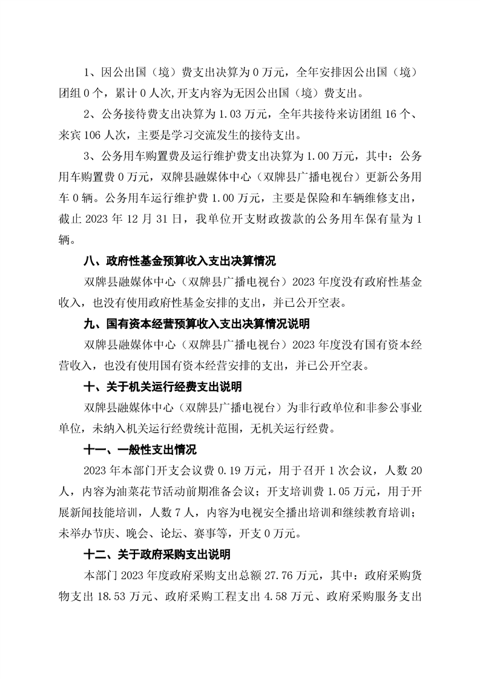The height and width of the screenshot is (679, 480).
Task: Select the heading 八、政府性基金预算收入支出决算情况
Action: tap(179, 262)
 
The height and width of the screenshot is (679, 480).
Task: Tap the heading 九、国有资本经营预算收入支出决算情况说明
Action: tap(196, 324)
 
